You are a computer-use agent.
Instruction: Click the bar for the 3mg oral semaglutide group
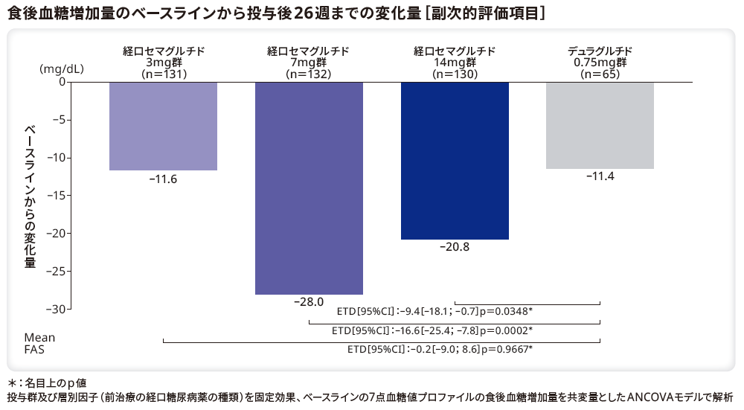(x=163, y=126)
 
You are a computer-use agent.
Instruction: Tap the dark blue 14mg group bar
(x=455, y=160)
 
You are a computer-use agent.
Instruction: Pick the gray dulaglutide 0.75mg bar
(x=600, y=125)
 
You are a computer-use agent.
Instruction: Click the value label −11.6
(x=163, y=179)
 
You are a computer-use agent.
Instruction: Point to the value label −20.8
(x=455, y=248)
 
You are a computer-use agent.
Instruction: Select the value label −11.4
(x=600, y=177)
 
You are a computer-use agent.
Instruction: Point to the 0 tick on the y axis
(x=62, y=82)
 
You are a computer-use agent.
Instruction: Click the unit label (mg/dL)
(x=61, y=69)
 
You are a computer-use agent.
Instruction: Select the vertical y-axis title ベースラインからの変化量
(x=30, y=196)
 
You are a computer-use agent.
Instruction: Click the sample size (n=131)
(x=164, y=74)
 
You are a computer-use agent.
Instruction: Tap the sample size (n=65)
(x=600, y=74)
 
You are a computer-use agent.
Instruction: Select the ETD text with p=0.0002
(x=432, y=330)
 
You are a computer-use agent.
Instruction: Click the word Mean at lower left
(x=39, y=338)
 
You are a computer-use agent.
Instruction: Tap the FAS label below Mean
(x=34, y=349)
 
